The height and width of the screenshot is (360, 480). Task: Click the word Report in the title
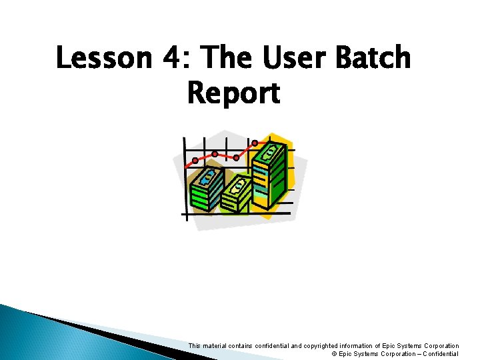point(233,94)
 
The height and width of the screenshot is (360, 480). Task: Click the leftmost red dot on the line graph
point(195,160)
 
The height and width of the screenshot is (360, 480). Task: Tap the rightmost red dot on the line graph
point(255,143)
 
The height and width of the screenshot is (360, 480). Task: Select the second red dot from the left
point(215,154)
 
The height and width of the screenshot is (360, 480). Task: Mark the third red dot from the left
point(236,158)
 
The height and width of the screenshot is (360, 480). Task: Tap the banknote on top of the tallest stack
point(273,152)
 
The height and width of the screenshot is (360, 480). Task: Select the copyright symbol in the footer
point(334,354)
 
